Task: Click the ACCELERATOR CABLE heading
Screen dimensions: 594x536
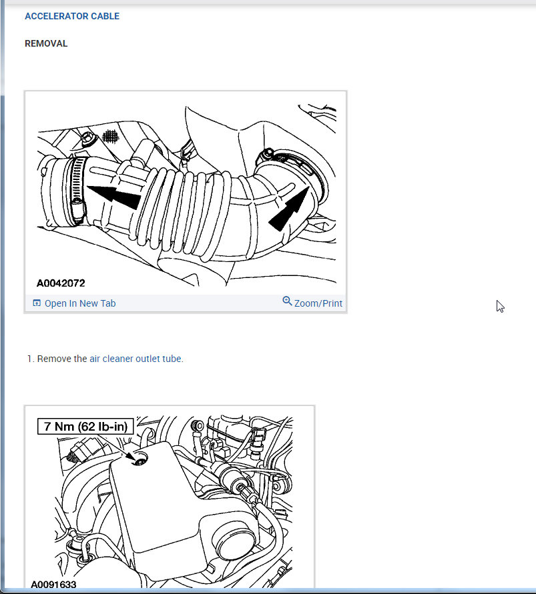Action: (x=72, y=16)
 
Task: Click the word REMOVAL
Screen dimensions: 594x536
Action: (x=46, y=43)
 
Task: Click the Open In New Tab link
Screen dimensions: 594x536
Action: (x=79, y=303)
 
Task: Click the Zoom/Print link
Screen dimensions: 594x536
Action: (x=318, y=303)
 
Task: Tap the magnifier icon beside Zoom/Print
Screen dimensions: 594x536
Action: (x=287, y=301)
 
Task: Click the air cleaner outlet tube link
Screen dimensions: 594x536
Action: (x=136, y=359)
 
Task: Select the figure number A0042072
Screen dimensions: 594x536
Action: (x=61, y=283)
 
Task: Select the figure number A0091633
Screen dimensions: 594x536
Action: (x=53, y=585)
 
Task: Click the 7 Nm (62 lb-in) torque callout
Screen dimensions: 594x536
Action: (x=85, y=426)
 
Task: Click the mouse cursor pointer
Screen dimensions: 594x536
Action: (x=500, y=306)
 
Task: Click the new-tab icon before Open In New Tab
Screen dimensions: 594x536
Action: (x=37, y=303)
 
